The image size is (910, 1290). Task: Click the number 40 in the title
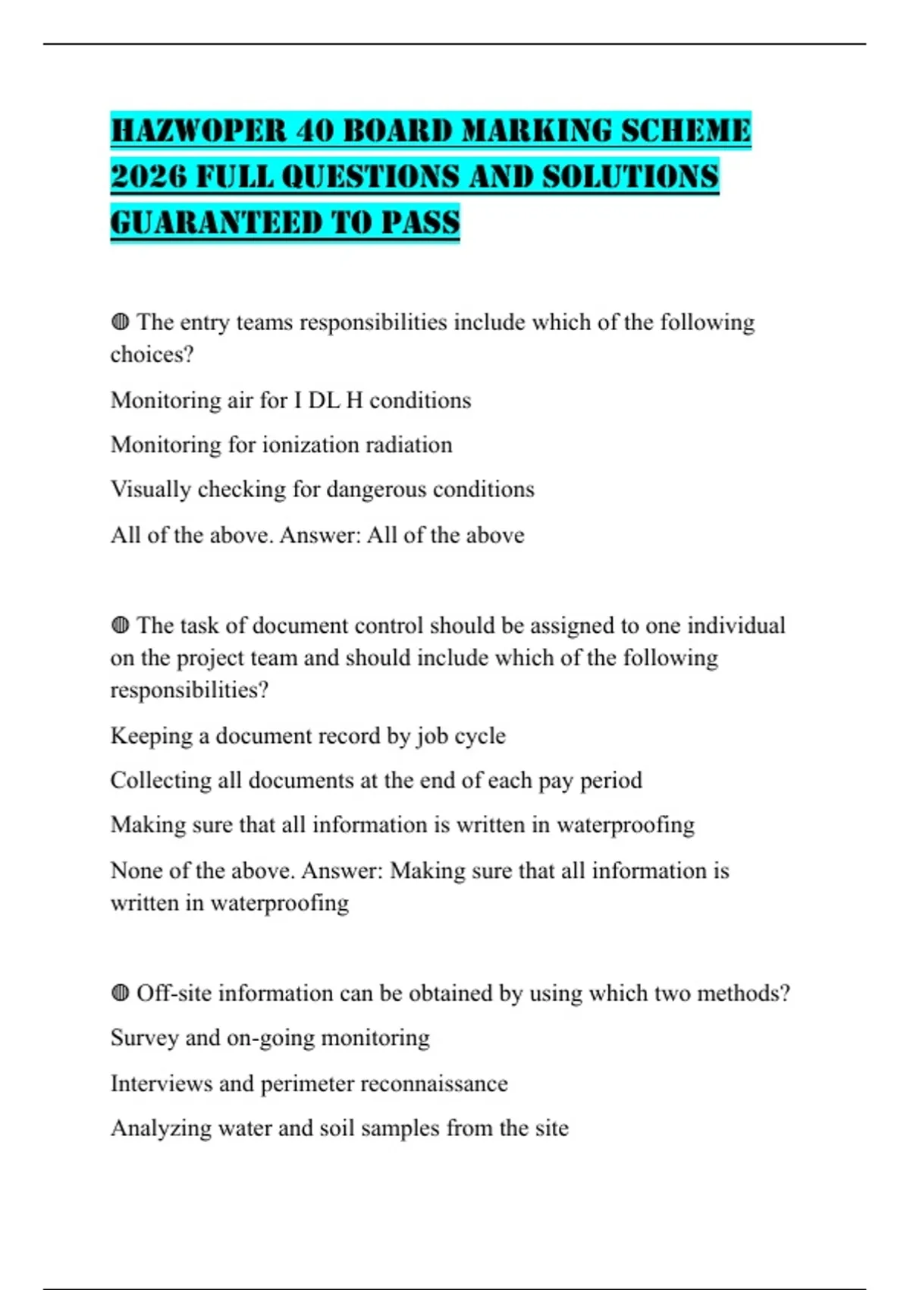coord(315,131)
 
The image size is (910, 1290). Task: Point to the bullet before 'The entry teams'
coord(120,322)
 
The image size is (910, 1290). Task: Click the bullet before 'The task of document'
coord(120,625)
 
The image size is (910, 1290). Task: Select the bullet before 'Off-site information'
coord(120,993)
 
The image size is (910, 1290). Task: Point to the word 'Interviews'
coord(161,1084)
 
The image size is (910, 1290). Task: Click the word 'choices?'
coord(152,354)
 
